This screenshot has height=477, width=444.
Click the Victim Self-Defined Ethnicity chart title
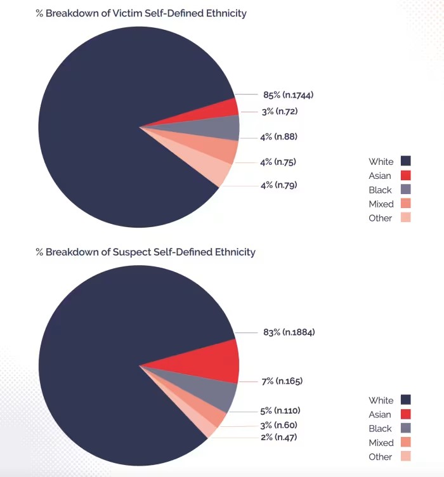pos(141,13)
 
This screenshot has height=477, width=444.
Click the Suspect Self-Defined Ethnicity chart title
pos(145,252)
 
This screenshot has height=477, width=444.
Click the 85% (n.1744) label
pos(288,95)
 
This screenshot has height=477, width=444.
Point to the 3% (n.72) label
pos(279,112)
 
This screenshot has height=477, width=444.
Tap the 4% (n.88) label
pos(278,136)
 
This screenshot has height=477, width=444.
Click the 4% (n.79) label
pos(278,185)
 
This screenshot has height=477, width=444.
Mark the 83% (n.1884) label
pos(289,332)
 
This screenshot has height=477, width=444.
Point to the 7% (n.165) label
pos(282,381)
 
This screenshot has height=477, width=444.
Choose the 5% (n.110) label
pos(280,410)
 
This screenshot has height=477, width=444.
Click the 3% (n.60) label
pos(278,425)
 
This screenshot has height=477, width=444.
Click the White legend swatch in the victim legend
pos(406,161)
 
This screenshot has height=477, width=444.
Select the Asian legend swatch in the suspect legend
pos(406,414)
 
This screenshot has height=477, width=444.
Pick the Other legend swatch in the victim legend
pos(406,218)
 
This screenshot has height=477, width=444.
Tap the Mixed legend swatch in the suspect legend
pos(406,442)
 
